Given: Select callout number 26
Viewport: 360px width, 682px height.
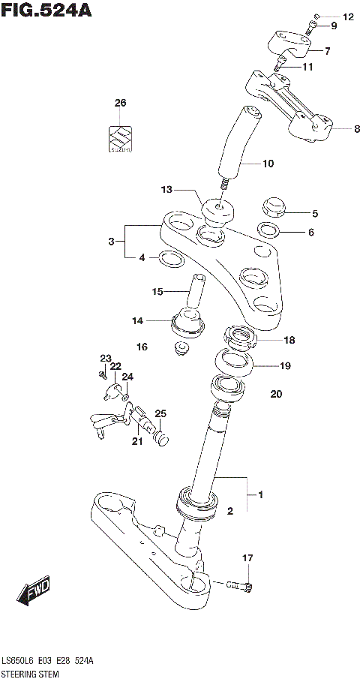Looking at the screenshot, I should tap(121, 103).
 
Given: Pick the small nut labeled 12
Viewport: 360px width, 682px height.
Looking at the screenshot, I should tap(317, 16).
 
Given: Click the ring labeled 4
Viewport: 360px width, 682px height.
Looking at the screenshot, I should tap(172, 260).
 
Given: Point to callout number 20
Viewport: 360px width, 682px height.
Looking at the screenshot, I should tap(276, 394).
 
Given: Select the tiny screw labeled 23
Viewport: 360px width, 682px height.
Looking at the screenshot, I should tap(100, 373).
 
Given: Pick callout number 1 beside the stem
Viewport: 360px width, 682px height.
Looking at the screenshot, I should tap(259, 494).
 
